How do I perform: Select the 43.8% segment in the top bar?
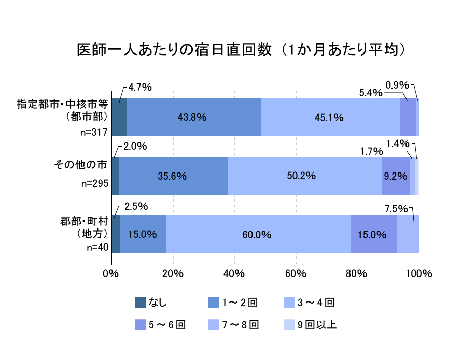[x=193, y=117]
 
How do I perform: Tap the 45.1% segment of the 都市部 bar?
[x=330, y=117]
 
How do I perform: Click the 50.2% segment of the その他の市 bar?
[x=304, y=176]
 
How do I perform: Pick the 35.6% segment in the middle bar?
[x=173, y=176]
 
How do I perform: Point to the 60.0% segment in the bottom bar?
[x=258, y=234]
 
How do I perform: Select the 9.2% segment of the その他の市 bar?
[x=396, y=176]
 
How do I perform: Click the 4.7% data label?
[x=139, y=87]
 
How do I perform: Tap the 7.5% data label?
[x=396, y=209]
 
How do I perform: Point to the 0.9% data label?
[x=397, y=85]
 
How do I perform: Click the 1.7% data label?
[x=371, y=152]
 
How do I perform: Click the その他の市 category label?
[x=81, y=165]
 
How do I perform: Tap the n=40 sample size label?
[x=97, y=247]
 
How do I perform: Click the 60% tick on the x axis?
[x=296, y=273]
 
